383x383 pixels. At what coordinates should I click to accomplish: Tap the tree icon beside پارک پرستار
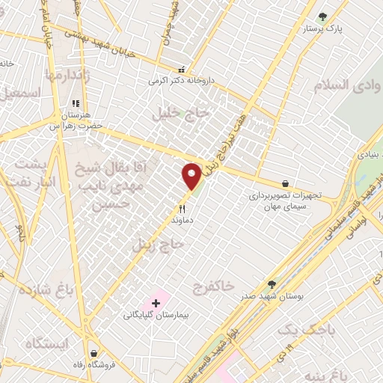[322, 16]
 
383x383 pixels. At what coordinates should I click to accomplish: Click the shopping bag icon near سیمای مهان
[285, 183]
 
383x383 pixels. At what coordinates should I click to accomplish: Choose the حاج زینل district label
[158, 244]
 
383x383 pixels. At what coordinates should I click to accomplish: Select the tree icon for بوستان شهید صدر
[272, 284]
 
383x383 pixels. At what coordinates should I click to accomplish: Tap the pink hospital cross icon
[156, 303]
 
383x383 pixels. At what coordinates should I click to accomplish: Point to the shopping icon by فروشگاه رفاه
[93, 353]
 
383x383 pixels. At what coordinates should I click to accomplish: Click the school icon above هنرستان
[75, 104]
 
